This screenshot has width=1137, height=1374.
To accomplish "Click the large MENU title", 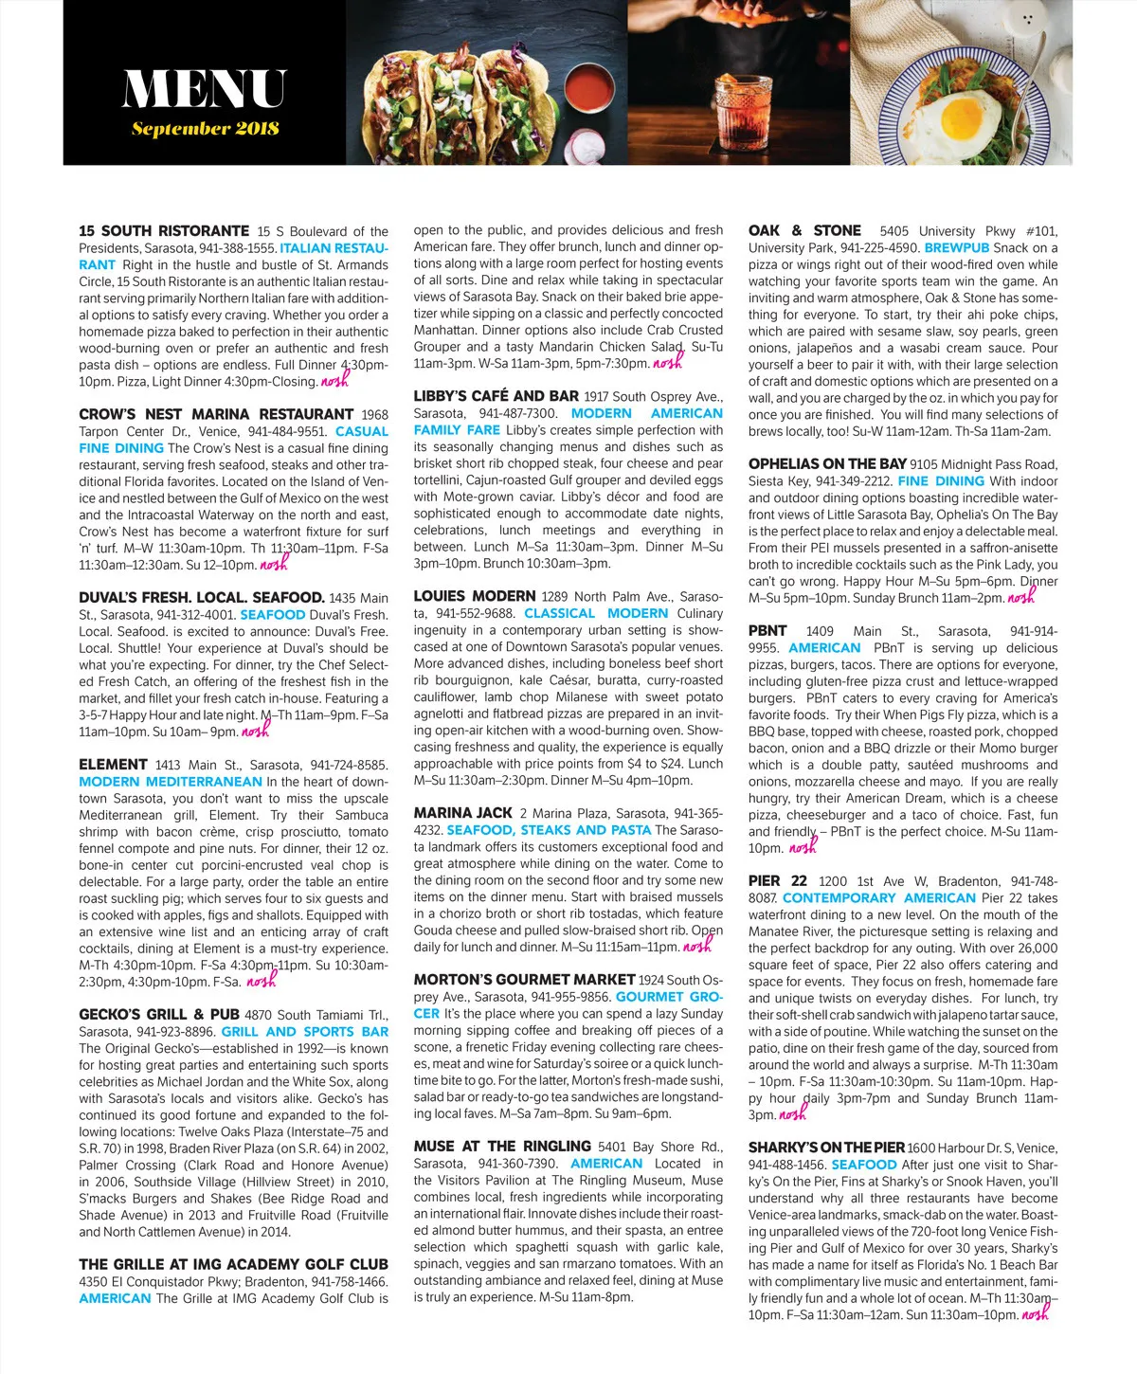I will (204, 90).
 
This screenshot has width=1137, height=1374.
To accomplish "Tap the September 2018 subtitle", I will (205, 129).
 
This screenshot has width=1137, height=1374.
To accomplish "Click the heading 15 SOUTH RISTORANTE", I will (164, 231).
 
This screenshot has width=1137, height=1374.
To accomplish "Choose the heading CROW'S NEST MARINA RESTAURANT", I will (216, 414).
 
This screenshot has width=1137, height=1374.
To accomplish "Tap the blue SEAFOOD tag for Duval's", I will (273, 615).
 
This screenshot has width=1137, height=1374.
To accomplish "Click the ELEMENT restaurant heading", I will (113, 765).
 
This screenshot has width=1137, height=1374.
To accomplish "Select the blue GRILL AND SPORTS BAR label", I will (304, 1032).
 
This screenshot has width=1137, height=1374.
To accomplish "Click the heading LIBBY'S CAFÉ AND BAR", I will (496, 396).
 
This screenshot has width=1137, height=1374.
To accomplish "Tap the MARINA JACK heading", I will (462, 813).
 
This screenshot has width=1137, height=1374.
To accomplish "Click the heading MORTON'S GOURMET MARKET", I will (524, 979).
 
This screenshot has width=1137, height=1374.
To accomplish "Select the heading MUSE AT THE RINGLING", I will (502, 1147).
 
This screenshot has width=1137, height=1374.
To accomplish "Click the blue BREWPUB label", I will (957, 248).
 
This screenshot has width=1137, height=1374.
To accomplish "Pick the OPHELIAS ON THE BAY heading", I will (826, 464).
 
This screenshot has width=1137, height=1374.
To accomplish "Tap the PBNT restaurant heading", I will (767, 631).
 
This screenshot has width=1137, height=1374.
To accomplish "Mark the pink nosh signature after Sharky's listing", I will (1035, 1312).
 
